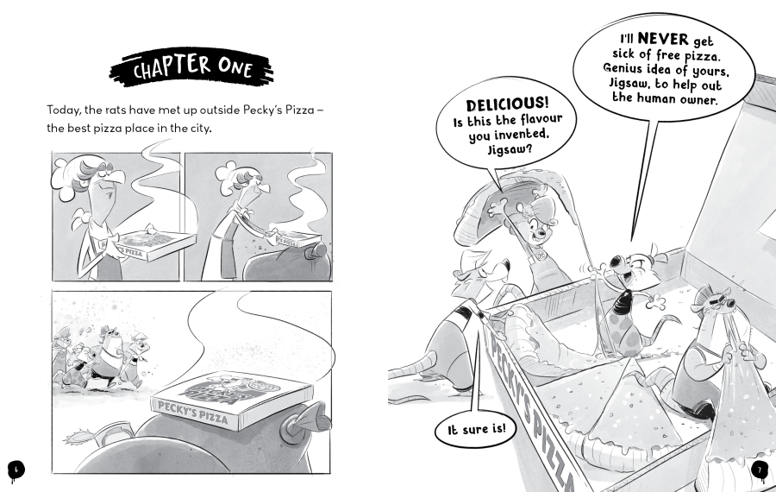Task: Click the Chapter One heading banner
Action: pyautogui.click(x=191, y=68)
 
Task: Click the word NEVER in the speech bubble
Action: pyautogui.click(x=663, y=39)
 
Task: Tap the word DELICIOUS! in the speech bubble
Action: pyautogui.click(x=507, y=104)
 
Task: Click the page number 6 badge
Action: pyautogui.click(x=16, y=469)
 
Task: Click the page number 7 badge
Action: pyautogui.click(x=760, y=470)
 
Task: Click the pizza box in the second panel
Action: pyautogui.click(x=295, y=239)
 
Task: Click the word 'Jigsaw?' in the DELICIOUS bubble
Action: pyautogui.click(x=510, y=149)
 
